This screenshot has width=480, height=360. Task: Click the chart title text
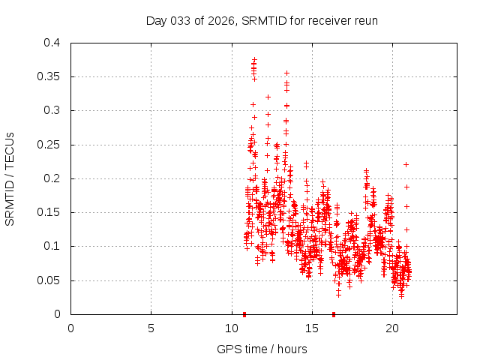[262, 20]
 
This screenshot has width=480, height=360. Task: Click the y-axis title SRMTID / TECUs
[10, 178]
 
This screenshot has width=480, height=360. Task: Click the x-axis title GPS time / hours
[262, 349]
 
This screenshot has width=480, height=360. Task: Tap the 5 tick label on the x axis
[151, 328]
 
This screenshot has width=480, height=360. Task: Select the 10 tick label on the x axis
[231, 328]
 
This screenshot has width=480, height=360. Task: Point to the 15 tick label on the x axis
[311, 328]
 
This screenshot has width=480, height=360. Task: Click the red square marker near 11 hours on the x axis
[244, 313]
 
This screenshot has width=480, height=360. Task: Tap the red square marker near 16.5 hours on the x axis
[334, 313]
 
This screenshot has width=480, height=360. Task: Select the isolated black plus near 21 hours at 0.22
[406, 164]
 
